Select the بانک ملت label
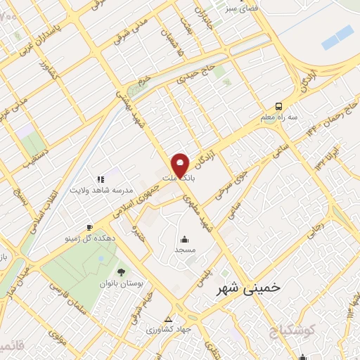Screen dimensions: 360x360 (x=179, y=179)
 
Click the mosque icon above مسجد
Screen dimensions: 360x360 (x=184, y=239)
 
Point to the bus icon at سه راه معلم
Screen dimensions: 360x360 (x=280, y=106)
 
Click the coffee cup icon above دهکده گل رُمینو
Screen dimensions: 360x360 (x=89, y=226)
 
